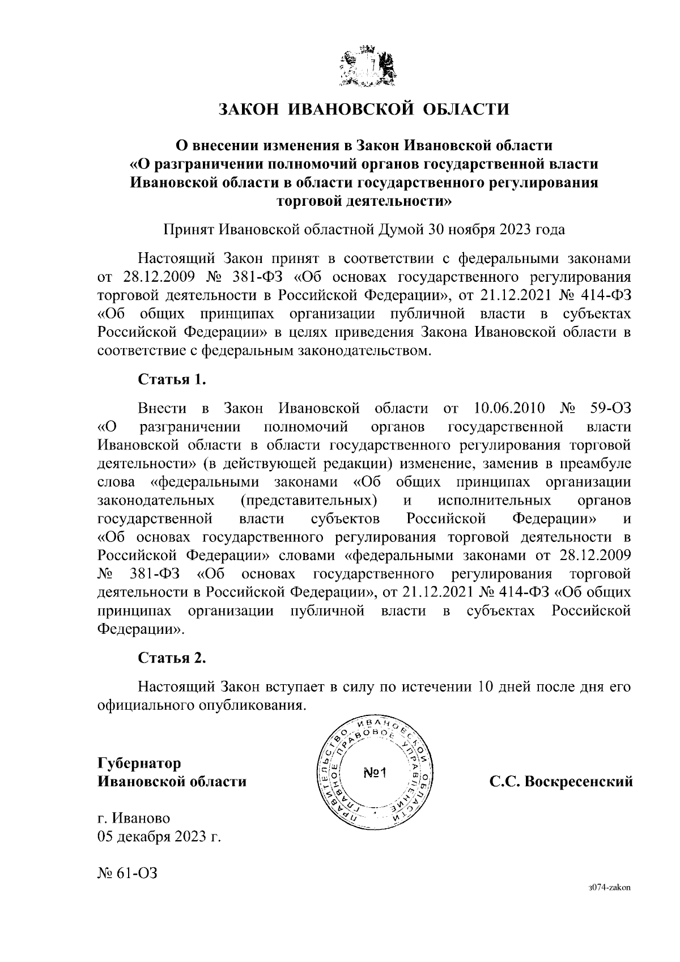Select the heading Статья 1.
(x=172, y=379)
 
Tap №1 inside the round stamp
(x=374, y=773)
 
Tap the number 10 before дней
(x=486, y=686)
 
